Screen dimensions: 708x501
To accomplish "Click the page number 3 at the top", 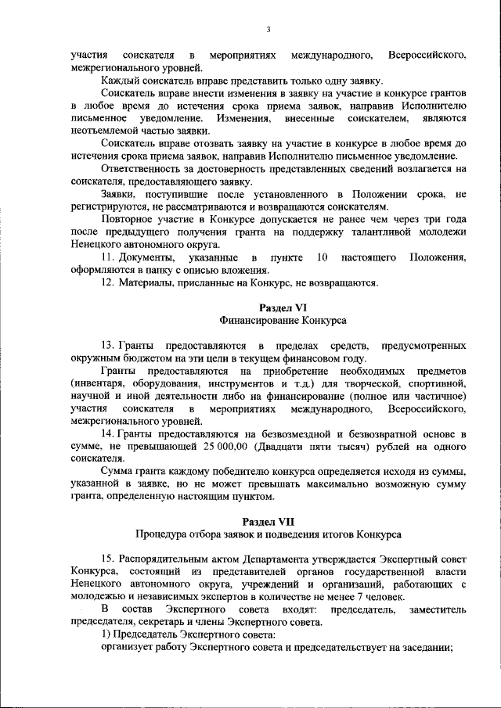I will pos(268,30).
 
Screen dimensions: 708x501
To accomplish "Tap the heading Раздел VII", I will pos(269,521).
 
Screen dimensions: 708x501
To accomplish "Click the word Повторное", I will pos(128,219).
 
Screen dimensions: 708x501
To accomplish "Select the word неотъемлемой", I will pos(103,130).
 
